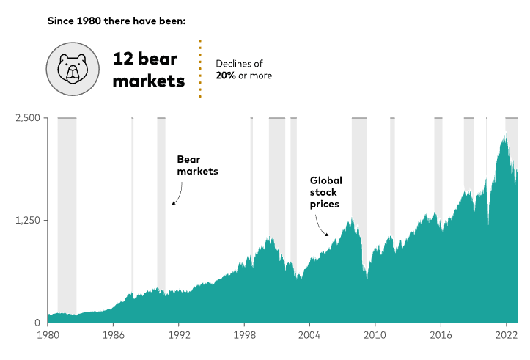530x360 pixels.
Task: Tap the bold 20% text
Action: tap(226, 75)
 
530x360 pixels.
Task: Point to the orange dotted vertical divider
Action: tap(200, 68)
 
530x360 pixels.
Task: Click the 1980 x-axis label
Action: tap(48, 335)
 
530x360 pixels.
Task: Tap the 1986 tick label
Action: tap(113, 335)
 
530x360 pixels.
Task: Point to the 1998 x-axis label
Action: tap(244, 335)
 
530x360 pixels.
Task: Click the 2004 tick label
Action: tap(309, 335)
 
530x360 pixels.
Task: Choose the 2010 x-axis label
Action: tap(375, 335)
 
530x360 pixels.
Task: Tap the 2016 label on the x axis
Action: tap(440, 335)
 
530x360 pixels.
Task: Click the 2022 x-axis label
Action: tap(506, 335)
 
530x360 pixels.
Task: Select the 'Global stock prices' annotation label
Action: tap(325, 191)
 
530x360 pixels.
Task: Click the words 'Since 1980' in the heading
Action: tap(74, 21)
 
